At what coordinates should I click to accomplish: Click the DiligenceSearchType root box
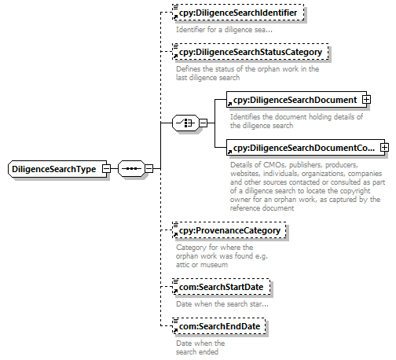57,169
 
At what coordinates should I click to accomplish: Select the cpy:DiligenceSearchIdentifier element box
238,13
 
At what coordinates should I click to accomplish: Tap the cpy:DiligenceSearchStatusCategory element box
251,52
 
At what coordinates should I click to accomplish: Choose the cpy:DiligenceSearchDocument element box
296,100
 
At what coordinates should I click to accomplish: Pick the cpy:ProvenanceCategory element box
229,230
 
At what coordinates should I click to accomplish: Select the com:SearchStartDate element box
222,287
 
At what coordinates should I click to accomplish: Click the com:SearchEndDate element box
219,326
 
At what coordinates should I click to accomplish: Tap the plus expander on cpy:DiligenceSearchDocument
366,100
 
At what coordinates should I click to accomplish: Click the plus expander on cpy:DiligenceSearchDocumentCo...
384,148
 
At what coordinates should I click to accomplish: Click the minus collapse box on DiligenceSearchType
106,168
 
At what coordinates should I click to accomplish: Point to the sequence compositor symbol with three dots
131,168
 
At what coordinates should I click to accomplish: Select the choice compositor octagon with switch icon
185,123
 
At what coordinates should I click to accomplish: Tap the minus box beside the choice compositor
203,123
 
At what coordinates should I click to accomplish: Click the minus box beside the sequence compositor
148,168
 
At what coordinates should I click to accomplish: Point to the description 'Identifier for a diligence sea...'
224,30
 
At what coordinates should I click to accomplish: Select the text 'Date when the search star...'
222,304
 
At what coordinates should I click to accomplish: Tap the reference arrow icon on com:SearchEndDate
175,330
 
